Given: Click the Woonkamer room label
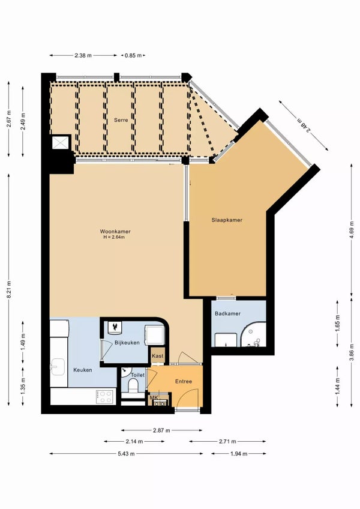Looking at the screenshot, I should pos(115,231).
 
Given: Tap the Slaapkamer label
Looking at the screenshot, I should pos(227,220).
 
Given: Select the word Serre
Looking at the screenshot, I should pos(121,120).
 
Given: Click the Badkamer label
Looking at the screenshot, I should pos(227,312).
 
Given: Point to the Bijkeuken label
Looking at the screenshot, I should pos(127,342).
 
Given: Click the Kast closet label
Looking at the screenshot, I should pos(158,356).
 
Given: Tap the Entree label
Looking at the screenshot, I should pos(184,381).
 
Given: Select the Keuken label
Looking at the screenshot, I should pos(83,370).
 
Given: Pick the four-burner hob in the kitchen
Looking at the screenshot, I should pos(106,397).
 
